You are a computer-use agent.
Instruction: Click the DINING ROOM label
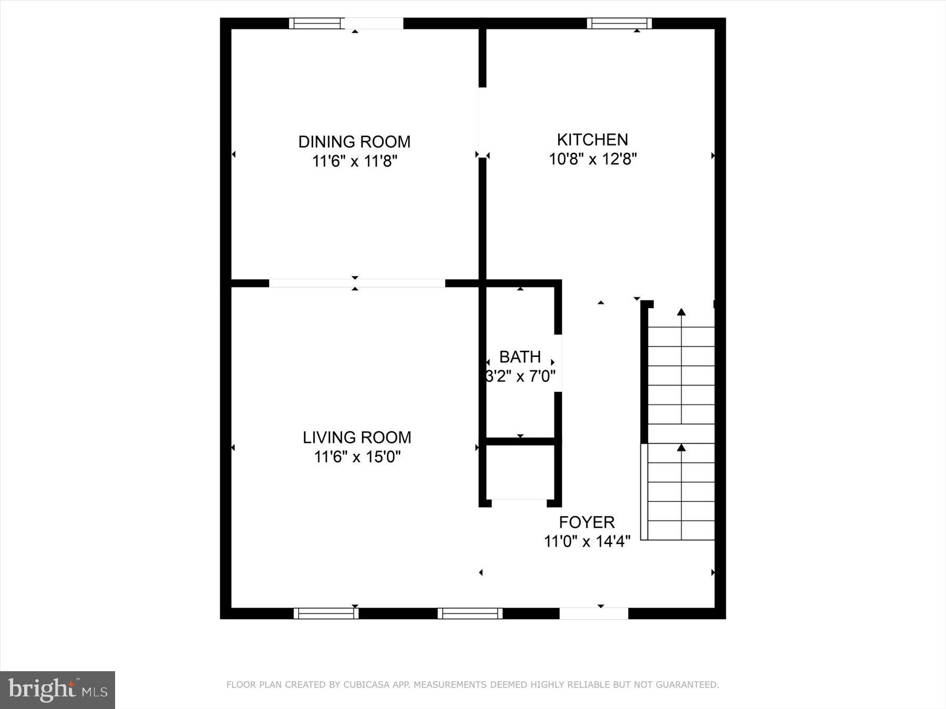[x=354, y=142]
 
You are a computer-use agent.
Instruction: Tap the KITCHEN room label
[x=592, y=140]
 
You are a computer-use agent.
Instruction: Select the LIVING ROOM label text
[x=357, y=437]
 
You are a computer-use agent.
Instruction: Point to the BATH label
[x=520, y=357]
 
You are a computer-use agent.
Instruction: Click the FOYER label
[x=587, y=522]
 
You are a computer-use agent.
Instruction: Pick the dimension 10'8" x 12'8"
[x=593, y=159]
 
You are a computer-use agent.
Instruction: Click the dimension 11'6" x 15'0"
[x=357, y=457]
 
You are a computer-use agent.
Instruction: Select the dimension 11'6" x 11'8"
[x=354, y=161]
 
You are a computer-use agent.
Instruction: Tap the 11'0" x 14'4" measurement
[x=587, y=541]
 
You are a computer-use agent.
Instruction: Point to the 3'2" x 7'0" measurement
[x=520, y=377]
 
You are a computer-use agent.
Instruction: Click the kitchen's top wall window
[x=619, y=23]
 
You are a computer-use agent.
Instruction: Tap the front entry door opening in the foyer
[x=594, y=613]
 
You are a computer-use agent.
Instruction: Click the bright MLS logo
[x=57, y=690]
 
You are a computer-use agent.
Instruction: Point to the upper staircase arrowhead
[x=682, y=312]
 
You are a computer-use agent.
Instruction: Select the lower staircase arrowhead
[x=682, y=447]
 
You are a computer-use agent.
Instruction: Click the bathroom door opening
[x=559, y=363]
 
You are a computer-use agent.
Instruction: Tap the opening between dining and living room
[x=357, y=284]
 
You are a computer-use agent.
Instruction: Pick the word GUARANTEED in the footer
[x=689, y=685]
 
